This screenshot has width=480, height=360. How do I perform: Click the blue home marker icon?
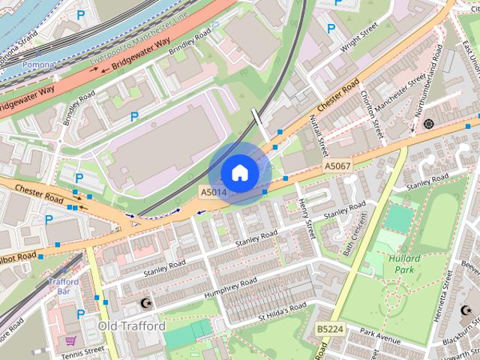coord(239,172)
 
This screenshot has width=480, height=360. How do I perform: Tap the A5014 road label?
coord(213,193)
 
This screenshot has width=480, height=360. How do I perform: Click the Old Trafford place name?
coord(131,326)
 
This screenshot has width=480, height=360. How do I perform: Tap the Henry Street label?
coord(306,215)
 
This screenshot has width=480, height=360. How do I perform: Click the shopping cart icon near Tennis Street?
coord(70,340)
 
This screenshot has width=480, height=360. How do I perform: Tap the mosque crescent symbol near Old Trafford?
coord(145,304)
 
